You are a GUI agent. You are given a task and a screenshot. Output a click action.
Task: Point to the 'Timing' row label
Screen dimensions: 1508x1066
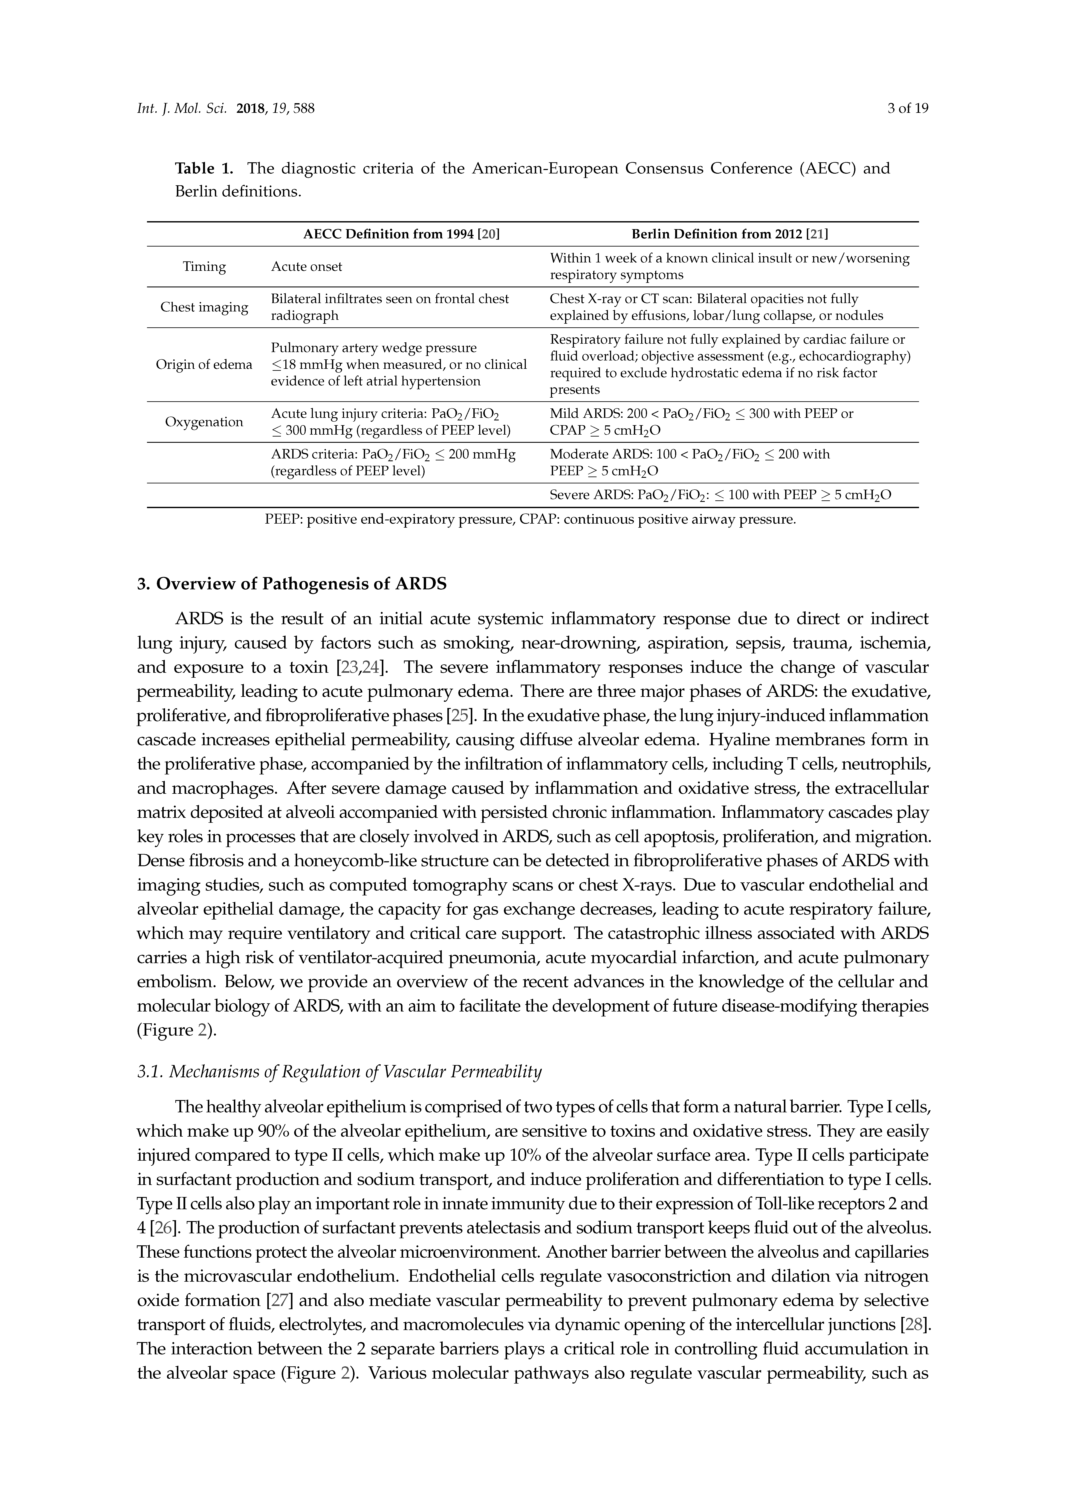(204, 266)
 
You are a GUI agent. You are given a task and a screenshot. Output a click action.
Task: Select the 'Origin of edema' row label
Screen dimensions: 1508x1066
(204, 365)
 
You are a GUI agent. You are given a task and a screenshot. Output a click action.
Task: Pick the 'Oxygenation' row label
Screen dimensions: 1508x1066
(204, 422)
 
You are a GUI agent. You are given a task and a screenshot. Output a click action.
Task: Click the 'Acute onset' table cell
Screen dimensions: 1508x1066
(307, 266)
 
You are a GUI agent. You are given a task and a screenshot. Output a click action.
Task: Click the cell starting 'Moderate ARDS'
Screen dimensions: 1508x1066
(690, 462)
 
